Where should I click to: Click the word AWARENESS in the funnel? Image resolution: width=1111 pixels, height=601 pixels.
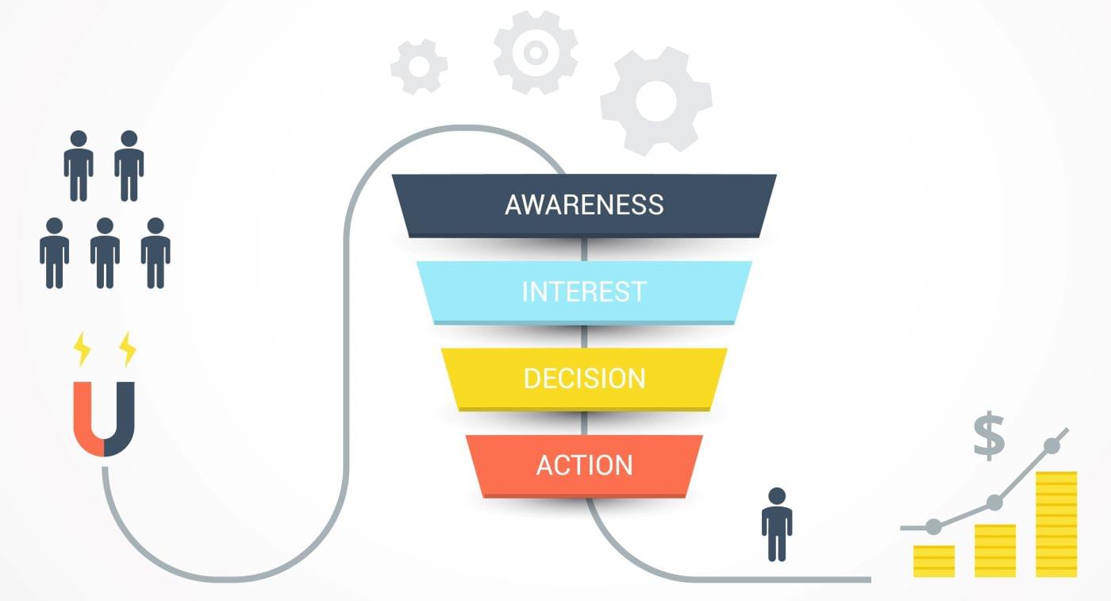[584, 204]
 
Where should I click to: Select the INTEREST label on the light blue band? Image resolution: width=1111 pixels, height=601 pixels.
[584, 291]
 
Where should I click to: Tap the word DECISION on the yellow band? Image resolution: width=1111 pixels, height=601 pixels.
[584, 378]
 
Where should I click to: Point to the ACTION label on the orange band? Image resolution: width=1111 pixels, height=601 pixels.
[584, 464]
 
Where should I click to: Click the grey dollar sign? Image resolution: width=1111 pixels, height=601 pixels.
[989, 436]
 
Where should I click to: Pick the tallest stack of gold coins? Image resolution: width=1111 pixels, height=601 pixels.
[1056, 524]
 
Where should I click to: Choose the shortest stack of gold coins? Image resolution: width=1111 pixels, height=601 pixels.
[934, 561]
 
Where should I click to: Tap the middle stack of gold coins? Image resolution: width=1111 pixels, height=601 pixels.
[995, 550]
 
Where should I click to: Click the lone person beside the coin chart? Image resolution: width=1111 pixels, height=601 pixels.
[776, 524]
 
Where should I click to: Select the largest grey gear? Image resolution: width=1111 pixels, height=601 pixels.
[655, 101]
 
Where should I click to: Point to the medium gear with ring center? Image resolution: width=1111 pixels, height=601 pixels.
[535, 52]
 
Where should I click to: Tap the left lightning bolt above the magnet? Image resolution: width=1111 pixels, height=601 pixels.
[82, 349]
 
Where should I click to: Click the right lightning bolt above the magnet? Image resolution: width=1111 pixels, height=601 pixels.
[127, 349]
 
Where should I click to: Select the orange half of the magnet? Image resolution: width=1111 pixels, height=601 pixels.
[86, 421]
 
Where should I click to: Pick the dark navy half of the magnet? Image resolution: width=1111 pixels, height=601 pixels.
[121, 421]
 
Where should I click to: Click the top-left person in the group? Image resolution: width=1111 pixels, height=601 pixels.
[79, 165]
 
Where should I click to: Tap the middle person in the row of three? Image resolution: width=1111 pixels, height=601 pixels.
[105, 252]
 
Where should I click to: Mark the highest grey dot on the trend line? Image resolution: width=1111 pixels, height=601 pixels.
[1052, 445]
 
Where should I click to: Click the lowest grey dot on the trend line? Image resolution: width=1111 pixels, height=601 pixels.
[934, 526]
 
